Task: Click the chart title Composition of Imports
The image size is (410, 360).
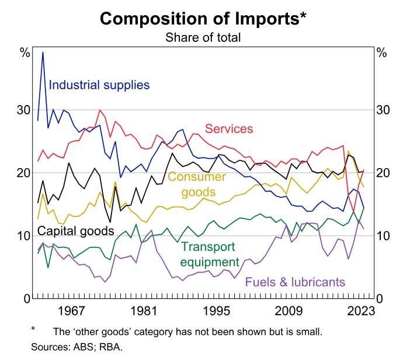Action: (x=203, y=18)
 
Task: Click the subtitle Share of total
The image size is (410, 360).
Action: (x=203, y=38)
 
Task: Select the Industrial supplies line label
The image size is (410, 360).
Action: (x=99, y=85)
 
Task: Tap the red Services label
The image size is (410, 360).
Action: (x=228, y=129)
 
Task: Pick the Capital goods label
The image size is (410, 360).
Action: (x=76, y=230)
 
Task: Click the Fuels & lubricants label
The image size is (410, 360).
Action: (x=295, y=282)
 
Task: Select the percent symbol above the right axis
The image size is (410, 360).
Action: (x=381, y=53)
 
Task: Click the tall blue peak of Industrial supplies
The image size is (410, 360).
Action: (x=43, y=53)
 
